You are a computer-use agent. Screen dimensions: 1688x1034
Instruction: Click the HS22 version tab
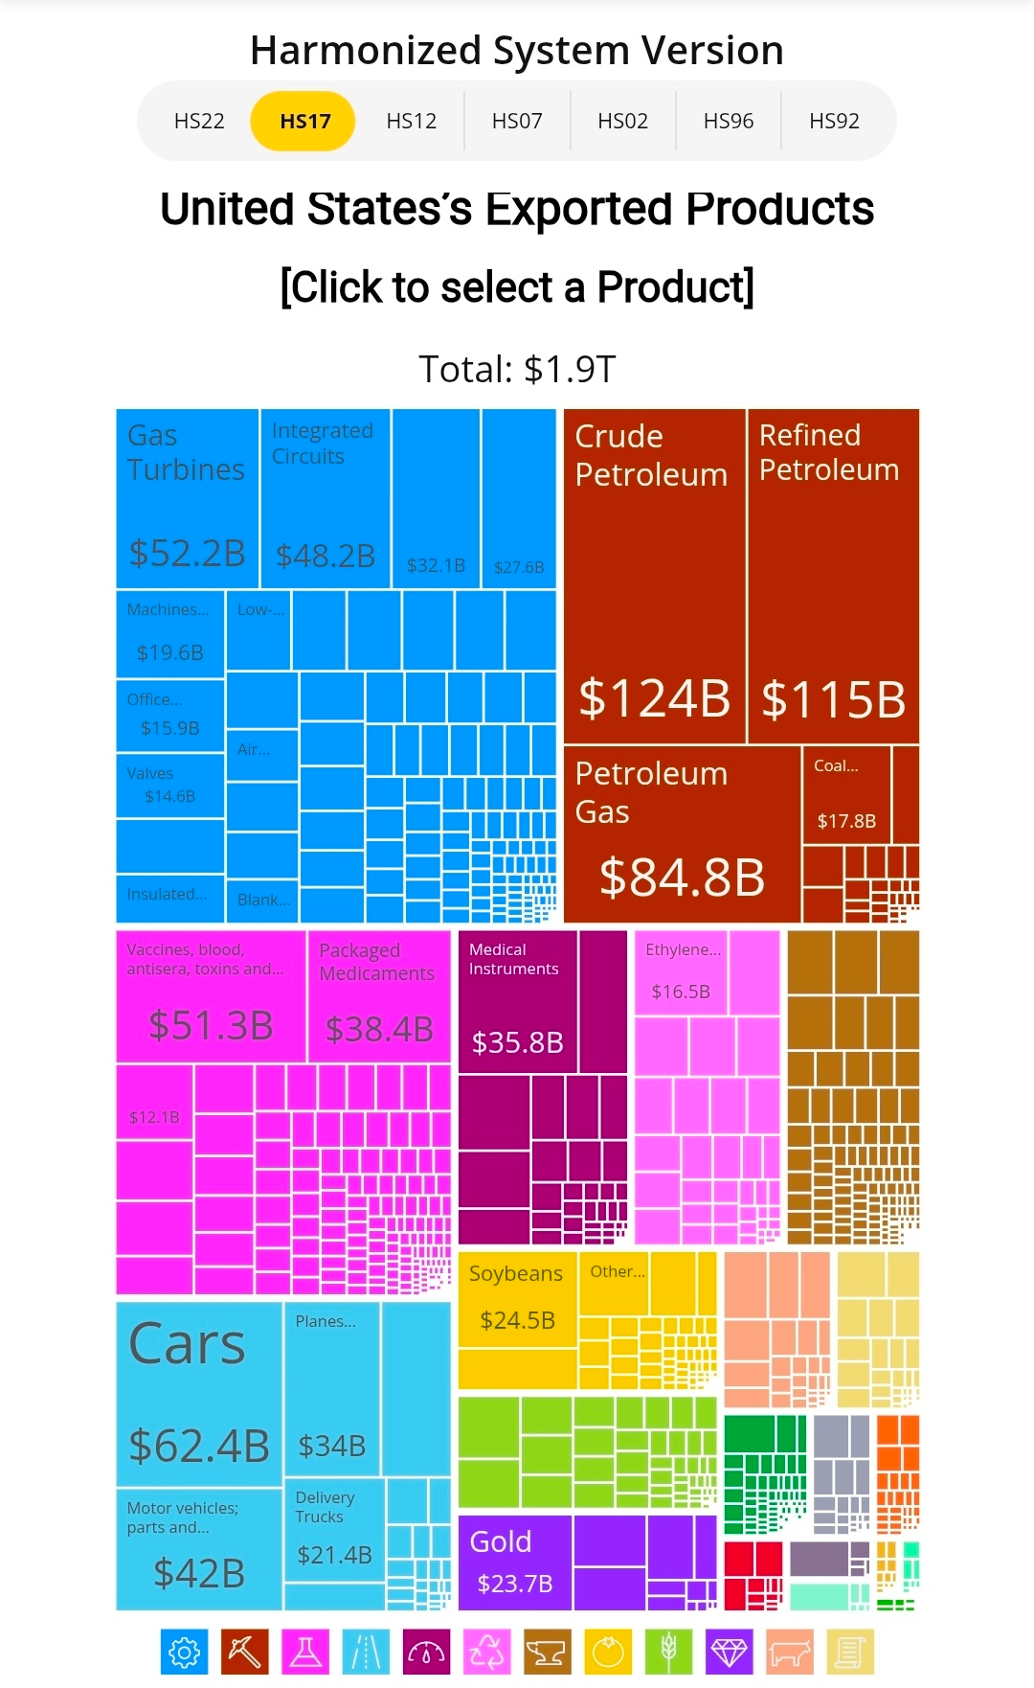pyautogui.click(x=199, y=122)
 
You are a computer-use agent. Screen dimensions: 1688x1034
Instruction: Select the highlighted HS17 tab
pyautogui.click(x=304, y=122)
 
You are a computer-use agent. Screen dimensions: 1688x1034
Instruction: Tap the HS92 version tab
pyautogui.click(x=834, y=122)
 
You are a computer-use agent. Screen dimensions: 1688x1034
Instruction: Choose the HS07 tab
pyautogui.click(x=517, y=122)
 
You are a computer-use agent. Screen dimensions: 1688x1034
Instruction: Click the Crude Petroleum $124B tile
pyautogui.click(x=654, y=575)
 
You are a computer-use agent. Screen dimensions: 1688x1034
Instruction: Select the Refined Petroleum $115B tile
pyautogui.click(x=833, y=575)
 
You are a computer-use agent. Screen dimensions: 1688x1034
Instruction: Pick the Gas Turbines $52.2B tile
pyautogui.click(x=188, y=498)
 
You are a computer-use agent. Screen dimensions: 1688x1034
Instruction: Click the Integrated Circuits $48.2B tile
pyautogui.click(x=325, y=498)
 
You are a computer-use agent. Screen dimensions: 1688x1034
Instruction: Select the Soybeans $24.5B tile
pyautogui.click(x=517, y=1298)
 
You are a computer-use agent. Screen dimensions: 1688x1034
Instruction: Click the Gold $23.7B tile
pyautogui.click(x=514, y=1562)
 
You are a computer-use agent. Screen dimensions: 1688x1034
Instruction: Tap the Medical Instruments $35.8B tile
pyautogui.click(x=517, y=1001)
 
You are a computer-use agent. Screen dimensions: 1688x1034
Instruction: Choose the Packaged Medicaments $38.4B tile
pyautogui.click(x=379, y=996)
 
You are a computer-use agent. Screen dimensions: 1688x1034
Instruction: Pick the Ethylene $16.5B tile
pyautogui.click(x=681, y=972)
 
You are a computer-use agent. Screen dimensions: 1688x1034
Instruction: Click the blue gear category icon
pyautogui.click(x=184, y=1653)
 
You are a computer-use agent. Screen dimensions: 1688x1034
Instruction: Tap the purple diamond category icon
pyautogui.click(x=729, y=1653)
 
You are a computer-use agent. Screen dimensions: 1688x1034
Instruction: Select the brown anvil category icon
pyautogui.click(x=547, y=1653)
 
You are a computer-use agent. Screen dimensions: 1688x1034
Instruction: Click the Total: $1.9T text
pyautogui.click(x=517, y=369)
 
